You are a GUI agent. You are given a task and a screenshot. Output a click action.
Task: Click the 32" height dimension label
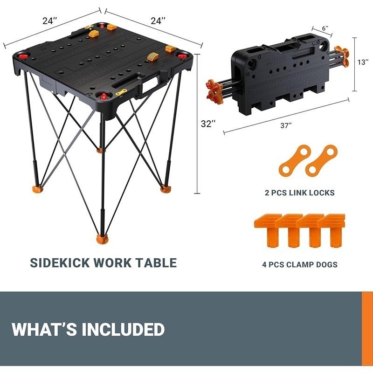[207, 124]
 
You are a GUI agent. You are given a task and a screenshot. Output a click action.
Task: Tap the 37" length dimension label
[286, 125]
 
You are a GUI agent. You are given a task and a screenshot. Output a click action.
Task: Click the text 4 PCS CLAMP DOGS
[300, 265]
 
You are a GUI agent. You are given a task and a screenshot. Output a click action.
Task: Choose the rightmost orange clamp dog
[333, 230]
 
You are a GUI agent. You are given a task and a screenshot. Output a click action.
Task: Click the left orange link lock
[295, 160]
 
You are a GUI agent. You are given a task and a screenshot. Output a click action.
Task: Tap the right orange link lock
[321, 160]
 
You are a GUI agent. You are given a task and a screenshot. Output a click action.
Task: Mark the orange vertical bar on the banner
[367, 329]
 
